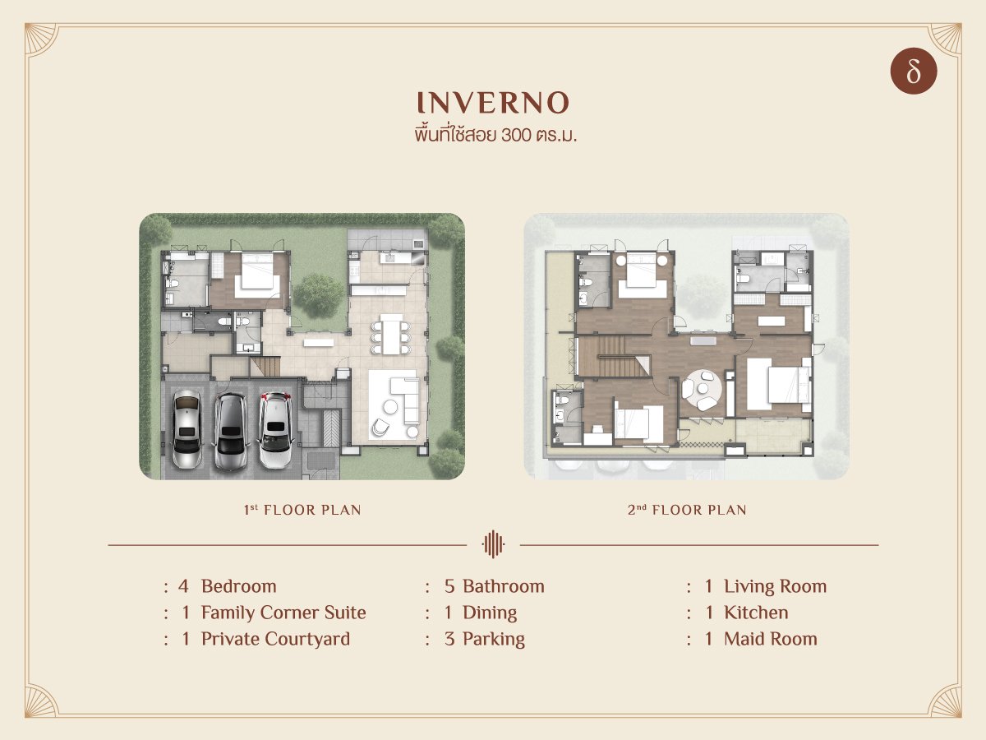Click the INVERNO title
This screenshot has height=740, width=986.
pyautogui.click(x=493, y=103)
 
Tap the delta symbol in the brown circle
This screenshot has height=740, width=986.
pyautogui.click(x=913, y=72)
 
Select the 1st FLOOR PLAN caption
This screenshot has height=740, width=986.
pyautogui.click(x=302, y=510)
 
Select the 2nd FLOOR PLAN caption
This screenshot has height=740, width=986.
pyautogui.click(x=687, y=510)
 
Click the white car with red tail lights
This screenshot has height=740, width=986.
pyautogui.click(x=275, y=429)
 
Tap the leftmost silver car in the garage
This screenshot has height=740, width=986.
pyautogui.click(x=187, y=428)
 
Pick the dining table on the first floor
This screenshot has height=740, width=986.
pyautogui.click(x=391, y=335)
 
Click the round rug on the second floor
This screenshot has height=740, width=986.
pyautogui.click(x=702, y=390)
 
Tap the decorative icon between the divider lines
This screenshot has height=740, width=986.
pyautogui.click(x=493, y=544)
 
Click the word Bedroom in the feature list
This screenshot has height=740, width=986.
pyautogui.click(x=238, y=586)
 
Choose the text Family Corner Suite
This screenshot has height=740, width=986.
pyautogui.click(x=283, y=613)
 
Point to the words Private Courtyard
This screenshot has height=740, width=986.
pyautogui.click(x=275, y=640)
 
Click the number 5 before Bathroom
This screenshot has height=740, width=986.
pyautogui.click(x=449, y=586)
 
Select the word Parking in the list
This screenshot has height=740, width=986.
pyautogui.click(x=494, y=640)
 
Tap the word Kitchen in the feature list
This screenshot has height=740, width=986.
pyautogui.click(x=756, y=613)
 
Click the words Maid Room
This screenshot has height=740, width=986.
pyautogui.click(x=771, y=639)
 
